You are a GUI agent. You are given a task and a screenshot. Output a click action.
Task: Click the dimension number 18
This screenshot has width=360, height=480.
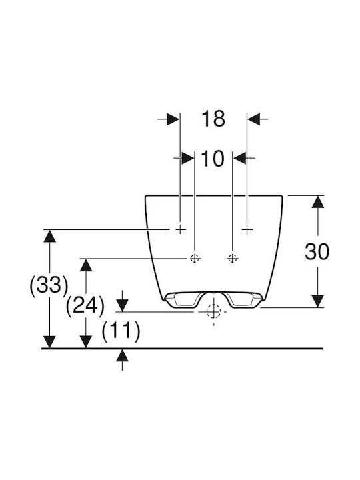click(x=213, y=119)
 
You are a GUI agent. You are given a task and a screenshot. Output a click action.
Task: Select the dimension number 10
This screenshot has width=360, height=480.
click(x=213, y=159)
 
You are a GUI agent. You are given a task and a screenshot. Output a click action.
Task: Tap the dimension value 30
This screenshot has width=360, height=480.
click(x=317, y=251)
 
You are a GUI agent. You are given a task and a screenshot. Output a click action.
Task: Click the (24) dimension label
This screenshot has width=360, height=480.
click(x=85, y=305)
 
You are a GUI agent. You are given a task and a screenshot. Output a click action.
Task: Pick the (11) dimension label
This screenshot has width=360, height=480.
click(x=121, y=331)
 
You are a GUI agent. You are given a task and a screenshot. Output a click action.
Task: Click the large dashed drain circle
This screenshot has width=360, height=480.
click(x=214, y=311)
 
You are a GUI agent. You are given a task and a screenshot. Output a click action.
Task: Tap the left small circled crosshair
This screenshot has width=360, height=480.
click(x=195, y=259)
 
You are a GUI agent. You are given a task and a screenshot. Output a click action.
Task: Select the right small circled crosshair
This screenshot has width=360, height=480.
click(x=233, y=259)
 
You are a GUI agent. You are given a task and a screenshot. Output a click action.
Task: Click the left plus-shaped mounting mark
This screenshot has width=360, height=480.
click(x=180, y=229)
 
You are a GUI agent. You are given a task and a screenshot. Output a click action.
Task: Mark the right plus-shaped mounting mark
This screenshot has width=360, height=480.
click(x=247, y=229)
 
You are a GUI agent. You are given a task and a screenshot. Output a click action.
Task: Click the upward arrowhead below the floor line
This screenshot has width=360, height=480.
click(x=123, y=356)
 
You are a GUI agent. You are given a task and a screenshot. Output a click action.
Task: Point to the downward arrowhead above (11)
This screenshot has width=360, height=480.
click(x=123, y=305)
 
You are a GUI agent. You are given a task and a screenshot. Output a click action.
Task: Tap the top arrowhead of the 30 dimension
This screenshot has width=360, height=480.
click(x=318, y=202)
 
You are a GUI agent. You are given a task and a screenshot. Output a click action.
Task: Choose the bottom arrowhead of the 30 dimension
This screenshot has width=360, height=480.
click(x=318, y=301)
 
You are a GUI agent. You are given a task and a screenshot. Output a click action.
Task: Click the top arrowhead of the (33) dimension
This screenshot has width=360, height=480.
click(x=49, y=236)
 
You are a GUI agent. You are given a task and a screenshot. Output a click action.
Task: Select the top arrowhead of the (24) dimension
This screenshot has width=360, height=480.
click(x=86, y=265)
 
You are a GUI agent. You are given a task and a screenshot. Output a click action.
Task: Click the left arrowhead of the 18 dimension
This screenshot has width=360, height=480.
click(x=173, y=119)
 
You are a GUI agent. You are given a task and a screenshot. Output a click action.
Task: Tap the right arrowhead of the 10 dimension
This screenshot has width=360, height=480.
click(x=240, y=158)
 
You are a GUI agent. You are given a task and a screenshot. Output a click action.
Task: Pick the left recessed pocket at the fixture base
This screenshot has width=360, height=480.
click(x=181, y=299)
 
